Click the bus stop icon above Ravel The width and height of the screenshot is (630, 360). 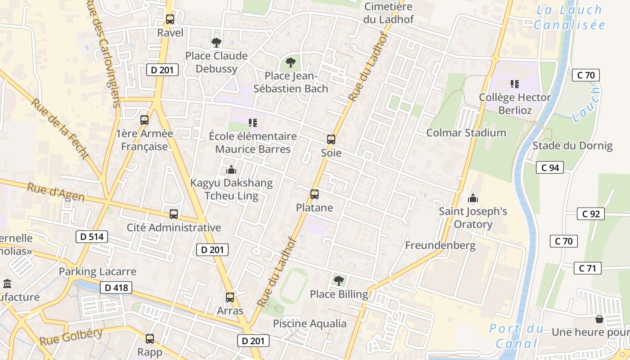[170, 19]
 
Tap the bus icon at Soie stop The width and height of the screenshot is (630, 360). [331, 139]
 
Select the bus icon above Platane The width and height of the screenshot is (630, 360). [315, 194]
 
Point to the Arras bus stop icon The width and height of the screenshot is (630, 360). [230, 297]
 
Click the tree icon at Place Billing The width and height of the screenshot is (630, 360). [339, 281]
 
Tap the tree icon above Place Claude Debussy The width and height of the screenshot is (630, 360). [216, 43]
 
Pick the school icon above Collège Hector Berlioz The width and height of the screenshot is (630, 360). [515, 84]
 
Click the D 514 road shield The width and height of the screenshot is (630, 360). [92, 237]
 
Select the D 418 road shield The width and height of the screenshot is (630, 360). [116, 288]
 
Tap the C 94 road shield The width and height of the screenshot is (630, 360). [550, 168]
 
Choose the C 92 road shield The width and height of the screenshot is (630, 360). [591, 214]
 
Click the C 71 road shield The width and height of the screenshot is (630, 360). [588, 269]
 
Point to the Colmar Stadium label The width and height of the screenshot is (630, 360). [466, 133]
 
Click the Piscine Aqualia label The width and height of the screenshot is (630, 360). [310, 324]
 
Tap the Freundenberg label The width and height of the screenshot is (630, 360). [440, 245]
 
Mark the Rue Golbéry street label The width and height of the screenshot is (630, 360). [71, 337]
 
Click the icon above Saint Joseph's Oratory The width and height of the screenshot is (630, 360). [473, 198]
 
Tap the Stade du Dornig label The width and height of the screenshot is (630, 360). [572, 146]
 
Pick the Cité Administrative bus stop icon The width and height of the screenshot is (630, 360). [174, 214]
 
